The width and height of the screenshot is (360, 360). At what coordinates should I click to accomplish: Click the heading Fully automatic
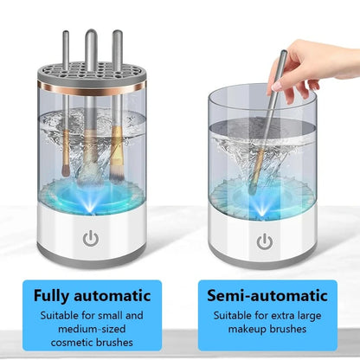[93, 295]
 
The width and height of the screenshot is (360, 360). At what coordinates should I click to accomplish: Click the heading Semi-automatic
[267, 295]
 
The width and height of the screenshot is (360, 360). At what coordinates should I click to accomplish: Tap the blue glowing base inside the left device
[89, 192]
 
